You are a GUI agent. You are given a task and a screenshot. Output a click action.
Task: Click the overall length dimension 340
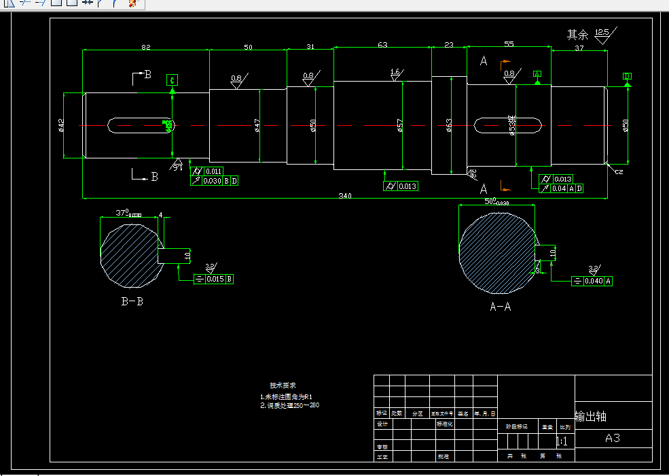point(345,196)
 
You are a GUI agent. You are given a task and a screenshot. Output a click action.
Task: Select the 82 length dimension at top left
point(146,46)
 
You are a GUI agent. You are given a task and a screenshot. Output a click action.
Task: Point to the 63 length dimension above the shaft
point(382,44)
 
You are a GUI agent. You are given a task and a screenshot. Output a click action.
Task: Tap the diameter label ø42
point(61,125)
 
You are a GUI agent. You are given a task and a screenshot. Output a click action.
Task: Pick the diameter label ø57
point(400,126)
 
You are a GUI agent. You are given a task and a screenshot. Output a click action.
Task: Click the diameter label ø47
point(257,126)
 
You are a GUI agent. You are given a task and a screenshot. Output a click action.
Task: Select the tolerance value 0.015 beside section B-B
point(215,279)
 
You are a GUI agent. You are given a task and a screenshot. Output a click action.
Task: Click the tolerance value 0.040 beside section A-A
point(594,281)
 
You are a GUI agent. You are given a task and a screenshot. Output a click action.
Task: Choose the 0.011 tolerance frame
point(213,171)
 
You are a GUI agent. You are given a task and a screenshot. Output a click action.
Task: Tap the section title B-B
point(132,301)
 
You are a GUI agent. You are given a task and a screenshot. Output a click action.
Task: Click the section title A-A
point(501,307)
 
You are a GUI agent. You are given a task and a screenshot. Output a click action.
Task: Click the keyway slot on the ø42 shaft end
point(140,125)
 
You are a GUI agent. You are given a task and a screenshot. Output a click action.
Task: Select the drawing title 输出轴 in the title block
point(591,417)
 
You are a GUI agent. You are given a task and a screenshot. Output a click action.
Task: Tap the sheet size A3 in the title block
point(612,438)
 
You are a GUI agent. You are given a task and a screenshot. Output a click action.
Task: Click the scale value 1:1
point(562,442)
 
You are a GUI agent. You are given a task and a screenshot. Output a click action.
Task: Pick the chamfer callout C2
point(619,172)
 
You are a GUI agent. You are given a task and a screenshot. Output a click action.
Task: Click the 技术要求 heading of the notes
point(283,385)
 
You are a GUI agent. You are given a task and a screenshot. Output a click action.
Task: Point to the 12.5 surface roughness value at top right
point(602,32)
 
